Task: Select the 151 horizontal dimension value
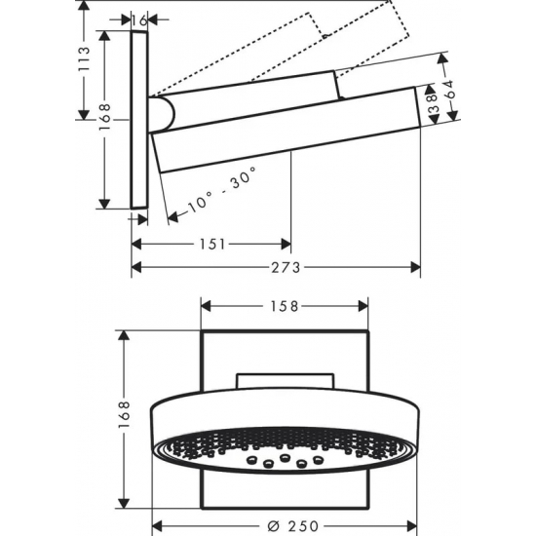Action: click(x=211, y=244)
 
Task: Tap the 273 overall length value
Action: click(x=276, y=266)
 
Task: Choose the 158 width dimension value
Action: click(x=285, y=305)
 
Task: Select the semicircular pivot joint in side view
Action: click(x=164, y=113)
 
